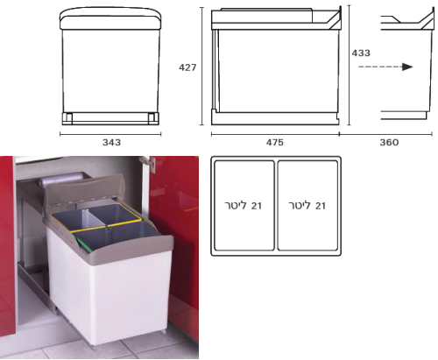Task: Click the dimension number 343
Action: click(111, 143)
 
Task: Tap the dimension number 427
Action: click(187, 67)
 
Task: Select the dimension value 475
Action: click(275, 143)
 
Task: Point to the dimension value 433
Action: click(361, 53)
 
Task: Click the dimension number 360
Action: click(389, 143)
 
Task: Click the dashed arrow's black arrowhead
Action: click(407, 67)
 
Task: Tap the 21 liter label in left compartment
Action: click(243, 206)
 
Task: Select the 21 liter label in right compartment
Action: click(307, 206)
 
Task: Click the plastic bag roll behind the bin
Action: click(60, 180)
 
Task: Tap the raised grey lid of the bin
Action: click(84, 190)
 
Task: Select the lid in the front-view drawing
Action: click(110, 19)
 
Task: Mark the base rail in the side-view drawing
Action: click(275, 117)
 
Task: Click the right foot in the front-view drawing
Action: click(152, 118)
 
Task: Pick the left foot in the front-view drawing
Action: click(69, 118)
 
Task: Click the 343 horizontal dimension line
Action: click(110, 134)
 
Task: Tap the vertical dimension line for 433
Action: click(349, 66)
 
